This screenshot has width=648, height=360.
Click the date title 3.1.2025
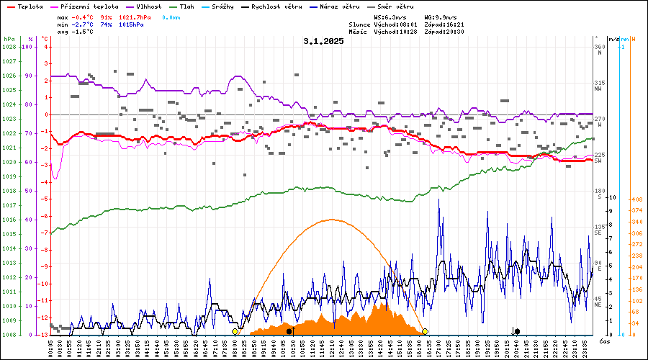coord(323,41)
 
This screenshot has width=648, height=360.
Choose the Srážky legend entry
coord(227,6)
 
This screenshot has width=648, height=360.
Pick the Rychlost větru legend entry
coord(277,6)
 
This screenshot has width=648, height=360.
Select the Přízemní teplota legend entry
coord(88,6)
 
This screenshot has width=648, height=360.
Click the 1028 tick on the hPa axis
coord(9,47)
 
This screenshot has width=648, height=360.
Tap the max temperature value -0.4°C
coord(85,17)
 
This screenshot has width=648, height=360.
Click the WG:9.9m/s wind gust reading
coord(441,17)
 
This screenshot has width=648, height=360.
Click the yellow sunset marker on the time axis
coord(426,331)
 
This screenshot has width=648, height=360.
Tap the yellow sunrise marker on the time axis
coord(235,331)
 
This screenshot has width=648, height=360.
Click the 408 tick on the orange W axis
coord(637,199)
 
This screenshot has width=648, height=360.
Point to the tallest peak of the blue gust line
coord(439,200)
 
